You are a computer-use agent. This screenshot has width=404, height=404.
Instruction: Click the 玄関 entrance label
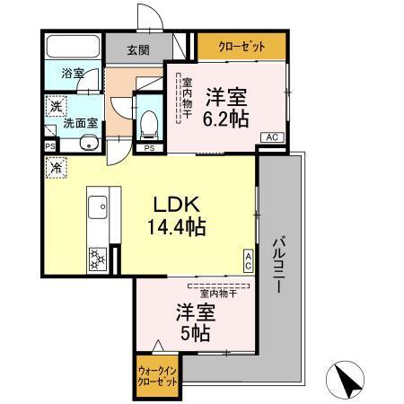(137, 50)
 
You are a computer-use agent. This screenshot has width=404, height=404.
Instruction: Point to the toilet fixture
(149, 121)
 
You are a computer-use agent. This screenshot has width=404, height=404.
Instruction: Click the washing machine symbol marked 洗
(56, 105)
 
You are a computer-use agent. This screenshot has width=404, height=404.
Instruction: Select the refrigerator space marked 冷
(56, 167)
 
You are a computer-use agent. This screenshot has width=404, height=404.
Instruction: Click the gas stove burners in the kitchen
(98, 259)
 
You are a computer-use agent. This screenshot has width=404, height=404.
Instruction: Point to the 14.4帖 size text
(176, 227)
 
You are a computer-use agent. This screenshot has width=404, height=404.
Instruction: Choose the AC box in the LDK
(249, 260)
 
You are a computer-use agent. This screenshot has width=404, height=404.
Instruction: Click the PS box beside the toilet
(149, 147)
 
